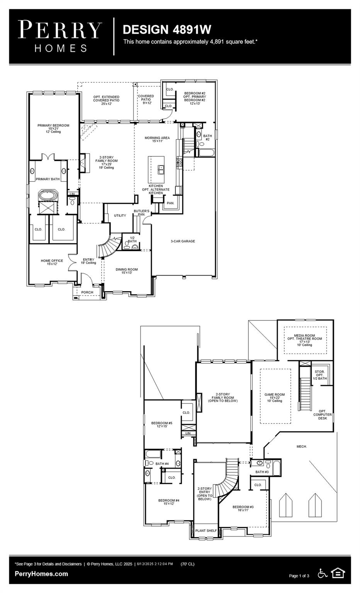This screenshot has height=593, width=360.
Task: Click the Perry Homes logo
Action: (60, 36)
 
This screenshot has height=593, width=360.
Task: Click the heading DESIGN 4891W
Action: (166, 29)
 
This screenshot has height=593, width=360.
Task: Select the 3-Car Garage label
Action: (183, 241)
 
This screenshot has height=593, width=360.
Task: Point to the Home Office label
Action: (52, 262)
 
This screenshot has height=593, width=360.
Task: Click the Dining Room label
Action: (127, 271)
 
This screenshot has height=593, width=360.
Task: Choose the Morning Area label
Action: (157, 139)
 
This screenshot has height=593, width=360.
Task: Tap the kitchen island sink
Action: (161, 168)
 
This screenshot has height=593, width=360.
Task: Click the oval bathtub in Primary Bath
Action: (48, 196)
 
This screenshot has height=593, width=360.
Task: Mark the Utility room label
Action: (120, 215)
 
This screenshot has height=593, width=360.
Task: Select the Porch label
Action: (87, 292)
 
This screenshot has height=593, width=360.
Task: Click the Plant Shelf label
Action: (206, 530)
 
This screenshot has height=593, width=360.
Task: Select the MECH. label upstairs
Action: (302, 446)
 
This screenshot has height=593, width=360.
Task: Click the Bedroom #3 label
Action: (243, 508)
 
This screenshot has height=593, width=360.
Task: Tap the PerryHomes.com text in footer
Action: (41, 574)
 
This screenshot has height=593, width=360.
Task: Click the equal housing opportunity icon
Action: (338, 573)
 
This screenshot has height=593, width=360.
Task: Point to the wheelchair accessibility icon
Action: (323, 573)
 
